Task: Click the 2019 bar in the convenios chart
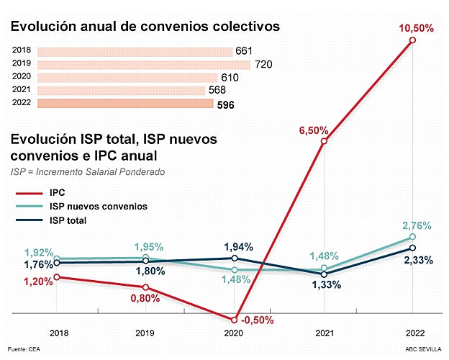(x=143, y=65)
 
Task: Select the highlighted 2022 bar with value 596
(x=125, y=104)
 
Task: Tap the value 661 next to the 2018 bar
(x=244, y=52)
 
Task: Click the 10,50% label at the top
(x=412, y=27)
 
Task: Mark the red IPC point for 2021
(x=324, y=141)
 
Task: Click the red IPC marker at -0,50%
(x=235, y=320)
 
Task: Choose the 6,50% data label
(x=314, y=131)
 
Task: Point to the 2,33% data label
(x=417, y=260)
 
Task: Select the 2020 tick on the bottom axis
(x=235, y=333)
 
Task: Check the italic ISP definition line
(x=87, y=172)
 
